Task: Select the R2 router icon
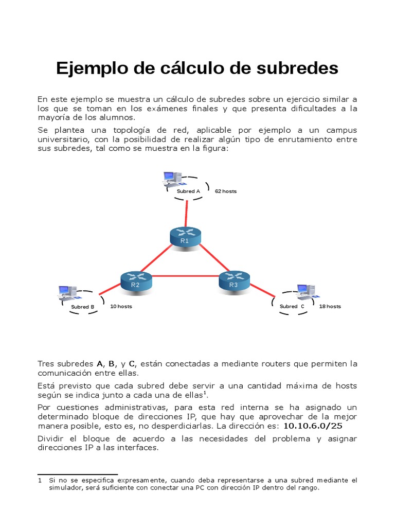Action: pyautogui.click(x=136, y=280)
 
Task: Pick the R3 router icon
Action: pyautogui.click(x=234, y=280)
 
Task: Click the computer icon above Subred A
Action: pyautogui.click(x=171, y=179)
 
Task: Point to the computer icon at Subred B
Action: pyautogui.click(x=67, y=293)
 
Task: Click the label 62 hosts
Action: pyautogui.click(x=226, y=191)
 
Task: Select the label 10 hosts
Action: pyautogui.click(x=121, y=306)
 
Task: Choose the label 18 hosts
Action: pyautogui.click(x=330, y=306)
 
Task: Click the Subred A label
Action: pyautogui.click(x=188, y=191)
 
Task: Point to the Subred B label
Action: pyautogui.click(x=83, y=307)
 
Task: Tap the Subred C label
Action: pyautogui.click(x=292, y=307)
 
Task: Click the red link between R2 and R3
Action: pyautogui.click(x=185, y=276)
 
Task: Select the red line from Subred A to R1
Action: pyautogui.click(x=186, y=213)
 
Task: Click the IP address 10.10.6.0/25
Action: pyautogui.click(x=313, y=426)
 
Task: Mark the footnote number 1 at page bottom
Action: pyautogui.click(x=40, y=480)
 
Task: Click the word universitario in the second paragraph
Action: pyautogui.click(x=61, y=140)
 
